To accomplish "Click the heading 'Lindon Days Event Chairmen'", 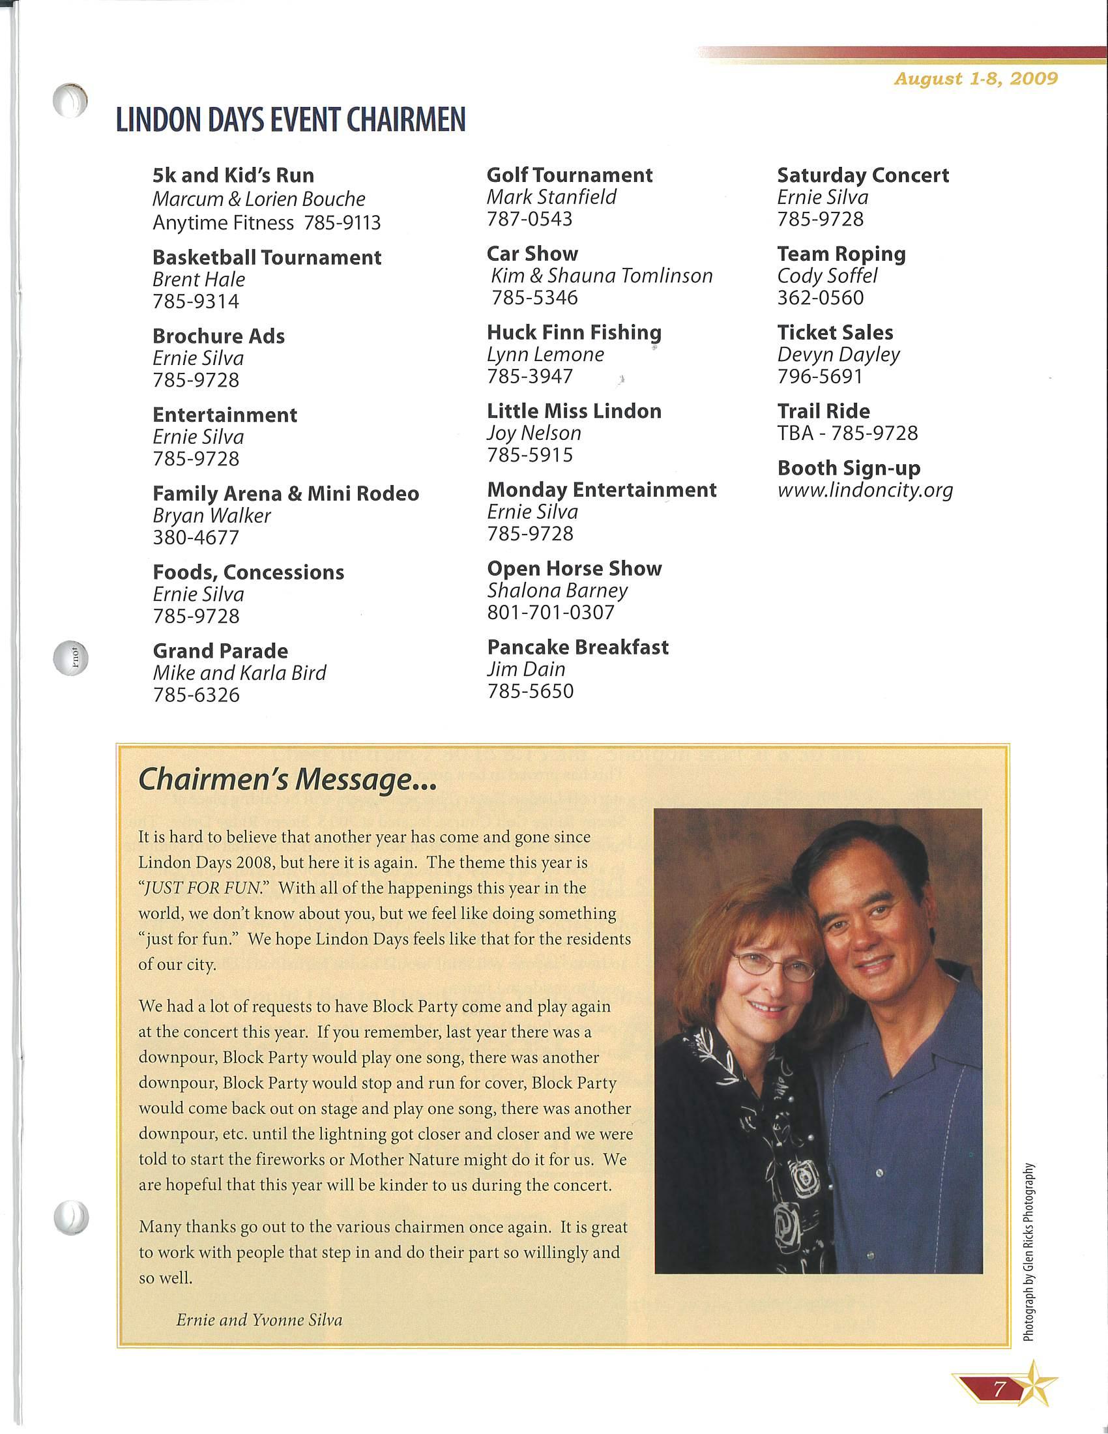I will pos(290,119).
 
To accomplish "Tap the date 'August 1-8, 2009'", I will pos(976,79).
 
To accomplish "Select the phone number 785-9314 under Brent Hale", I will pos(196,301).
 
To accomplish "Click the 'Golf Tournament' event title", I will pos(569,175).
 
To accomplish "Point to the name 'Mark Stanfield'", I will pos(551,197).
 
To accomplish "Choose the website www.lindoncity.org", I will pos(864,490).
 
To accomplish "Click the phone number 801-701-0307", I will pos(550,612).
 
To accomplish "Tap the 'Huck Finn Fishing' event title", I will pos(574,332).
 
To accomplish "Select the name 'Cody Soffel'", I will pos(827,276).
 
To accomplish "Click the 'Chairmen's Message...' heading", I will pos(287,780).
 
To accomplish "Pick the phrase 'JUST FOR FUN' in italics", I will pos(203,888).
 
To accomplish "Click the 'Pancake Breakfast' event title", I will pos(577,647).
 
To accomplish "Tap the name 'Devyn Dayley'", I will pos(838,355).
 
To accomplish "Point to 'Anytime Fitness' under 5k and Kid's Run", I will pos(222,223).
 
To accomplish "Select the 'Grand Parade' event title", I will pos(220,651).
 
